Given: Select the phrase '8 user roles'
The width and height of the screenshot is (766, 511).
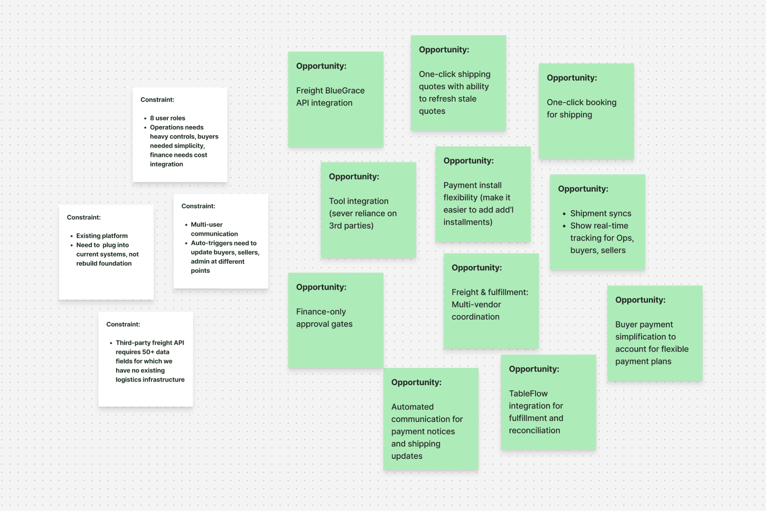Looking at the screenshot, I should click(x=167, y=118).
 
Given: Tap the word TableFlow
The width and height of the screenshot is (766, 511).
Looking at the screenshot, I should click(x=528, y=394).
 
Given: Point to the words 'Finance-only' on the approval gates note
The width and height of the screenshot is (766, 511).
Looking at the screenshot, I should click(x=321, y=312).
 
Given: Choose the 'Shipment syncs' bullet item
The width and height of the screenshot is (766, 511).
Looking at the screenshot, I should click(x=600, y=213).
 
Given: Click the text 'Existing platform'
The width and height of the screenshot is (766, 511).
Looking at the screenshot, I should click(x=102, y=236).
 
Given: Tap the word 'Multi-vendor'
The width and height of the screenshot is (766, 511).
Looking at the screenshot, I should click(x=476, y=305).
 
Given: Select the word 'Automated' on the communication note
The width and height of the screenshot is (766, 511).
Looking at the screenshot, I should click(x=412, y=407).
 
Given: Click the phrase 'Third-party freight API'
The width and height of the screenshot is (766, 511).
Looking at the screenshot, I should click(x=150, y=343).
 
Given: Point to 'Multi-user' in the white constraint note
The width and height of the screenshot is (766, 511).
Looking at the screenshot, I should click(x=207, y=225).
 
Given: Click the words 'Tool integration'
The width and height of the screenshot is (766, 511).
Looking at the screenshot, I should click(x=358, y=201).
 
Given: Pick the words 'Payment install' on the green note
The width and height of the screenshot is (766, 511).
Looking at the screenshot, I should click(x=472, y=186).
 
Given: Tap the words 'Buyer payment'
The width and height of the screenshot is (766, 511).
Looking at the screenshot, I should click(x=644, y=324).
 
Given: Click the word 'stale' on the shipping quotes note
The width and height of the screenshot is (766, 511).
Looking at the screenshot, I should click(x=467, y=99).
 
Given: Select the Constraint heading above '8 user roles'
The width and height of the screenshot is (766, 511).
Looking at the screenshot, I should click(x=157, y=100).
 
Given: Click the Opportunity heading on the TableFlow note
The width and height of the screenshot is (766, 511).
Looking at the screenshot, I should click(x=534, y=369).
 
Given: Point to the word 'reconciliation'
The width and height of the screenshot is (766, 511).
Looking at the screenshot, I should click(x=534, y=431).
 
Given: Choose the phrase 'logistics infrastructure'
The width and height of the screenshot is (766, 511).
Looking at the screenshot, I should click(x=150, y=380).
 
